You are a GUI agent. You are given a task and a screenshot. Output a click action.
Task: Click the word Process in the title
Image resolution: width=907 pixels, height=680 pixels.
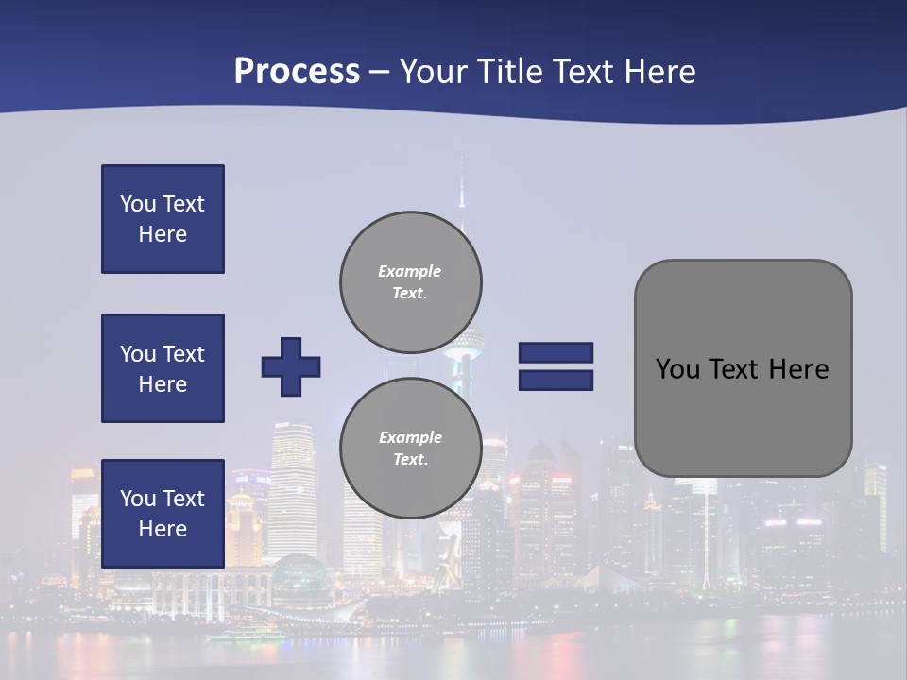pos(297,72)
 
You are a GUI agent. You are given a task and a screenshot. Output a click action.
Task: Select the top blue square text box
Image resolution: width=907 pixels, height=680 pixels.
pos(163,219)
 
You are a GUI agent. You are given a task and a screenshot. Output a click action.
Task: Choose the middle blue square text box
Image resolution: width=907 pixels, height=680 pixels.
pos(163,368)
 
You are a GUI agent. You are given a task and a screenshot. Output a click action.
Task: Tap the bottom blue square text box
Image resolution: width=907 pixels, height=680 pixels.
pos(163,513)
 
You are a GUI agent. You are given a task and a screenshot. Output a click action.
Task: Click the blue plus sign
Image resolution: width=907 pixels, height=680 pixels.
pos(291,366)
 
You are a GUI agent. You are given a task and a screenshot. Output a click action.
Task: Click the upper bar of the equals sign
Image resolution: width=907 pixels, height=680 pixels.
pos(556,352)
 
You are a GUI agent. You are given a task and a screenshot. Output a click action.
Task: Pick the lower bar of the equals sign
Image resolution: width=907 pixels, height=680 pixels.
pos(556,381)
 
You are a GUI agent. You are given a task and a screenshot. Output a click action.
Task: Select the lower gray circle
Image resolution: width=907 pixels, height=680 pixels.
pos(410,449)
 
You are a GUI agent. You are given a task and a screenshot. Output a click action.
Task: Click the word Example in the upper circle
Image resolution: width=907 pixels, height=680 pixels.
pos(410,271)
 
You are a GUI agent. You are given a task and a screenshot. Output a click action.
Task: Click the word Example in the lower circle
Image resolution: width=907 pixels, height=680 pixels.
pos(410,437)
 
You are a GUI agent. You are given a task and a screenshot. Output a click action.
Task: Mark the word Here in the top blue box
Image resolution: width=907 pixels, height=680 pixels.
pos(163,234)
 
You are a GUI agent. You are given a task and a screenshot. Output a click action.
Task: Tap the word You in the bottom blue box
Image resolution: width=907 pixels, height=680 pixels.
pos(137,498)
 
